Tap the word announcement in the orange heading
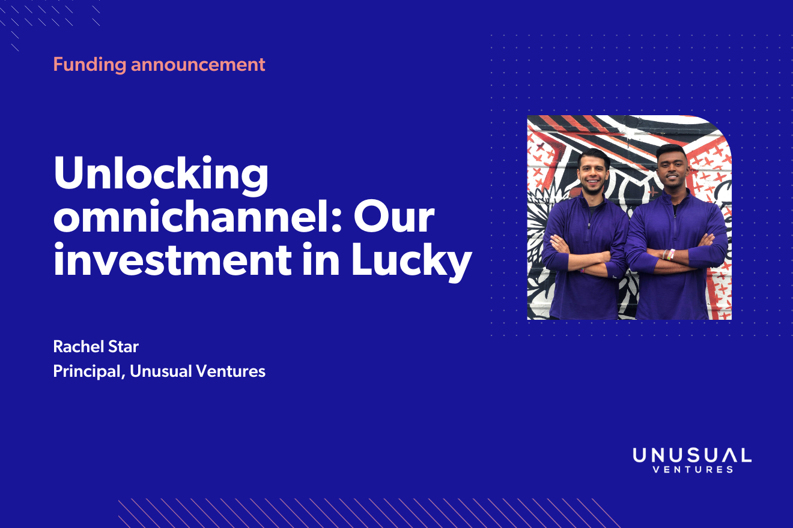click(198, 64)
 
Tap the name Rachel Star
click(96, 346)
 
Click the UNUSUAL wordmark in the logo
click(692, 455)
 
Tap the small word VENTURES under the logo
click(692, 469)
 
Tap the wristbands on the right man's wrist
click(669, 254)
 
